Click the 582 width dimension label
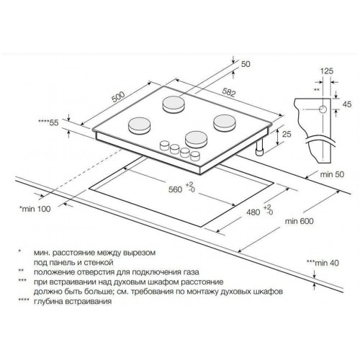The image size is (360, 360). (229, 92)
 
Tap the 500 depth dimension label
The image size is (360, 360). (118, 96)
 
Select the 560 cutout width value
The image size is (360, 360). (175, 189)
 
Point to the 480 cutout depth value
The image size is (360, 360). (253, 212)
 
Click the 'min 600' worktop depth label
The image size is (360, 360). (299, 221)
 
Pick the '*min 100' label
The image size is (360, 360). (35, 209)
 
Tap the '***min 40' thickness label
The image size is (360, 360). (323, 263)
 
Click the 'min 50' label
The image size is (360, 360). (332, 174)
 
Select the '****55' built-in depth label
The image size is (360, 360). (48, 122)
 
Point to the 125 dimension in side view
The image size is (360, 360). (327, 71)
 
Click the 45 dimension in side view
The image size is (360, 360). (347, 104)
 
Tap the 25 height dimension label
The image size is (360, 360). (287, 134)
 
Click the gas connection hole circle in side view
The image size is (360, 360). (323, 109)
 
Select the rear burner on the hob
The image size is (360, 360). (174, 104)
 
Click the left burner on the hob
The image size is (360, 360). (140, 126)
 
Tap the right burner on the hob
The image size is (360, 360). (225, 123)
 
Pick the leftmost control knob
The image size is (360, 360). (164, 145)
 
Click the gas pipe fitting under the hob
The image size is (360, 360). (259, 148)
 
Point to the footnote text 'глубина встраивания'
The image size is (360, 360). (73, 301)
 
